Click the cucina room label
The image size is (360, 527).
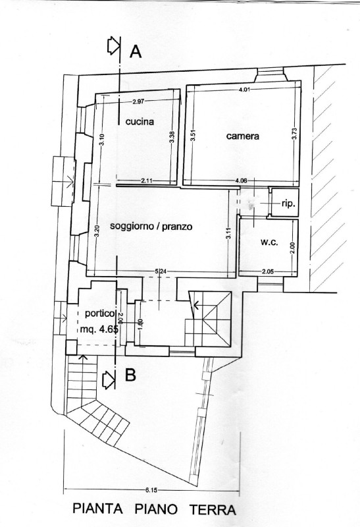click(140, 122)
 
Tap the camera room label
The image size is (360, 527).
click(243, 136)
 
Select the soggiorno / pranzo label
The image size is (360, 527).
click(151, 227)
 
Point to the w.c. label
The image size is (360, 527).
click(269, 242)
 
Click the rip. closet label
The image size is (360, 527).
click(288, 204)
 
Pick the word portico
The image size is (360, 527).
click(99, 314)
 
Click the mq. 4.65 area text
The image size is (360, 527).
click(99, 329)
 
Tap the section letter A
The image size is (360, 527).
click(136, 51)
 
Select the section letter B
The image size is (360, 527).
click(130, 375)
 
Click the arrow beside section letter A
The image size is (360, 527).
click(113, 46)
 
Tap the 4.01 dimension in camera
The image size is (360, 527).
click(244, 90)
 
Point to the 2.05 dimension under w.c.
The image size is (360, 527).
click(268, 271)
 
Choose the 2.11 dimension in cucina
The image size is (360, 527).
click(147, 180)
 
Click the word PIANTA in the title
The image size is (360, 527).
click(97, 509)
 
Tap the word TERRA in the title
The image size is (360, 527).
click(213, 510)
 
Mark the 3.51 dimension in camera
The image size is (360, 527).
click(193, 138)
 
